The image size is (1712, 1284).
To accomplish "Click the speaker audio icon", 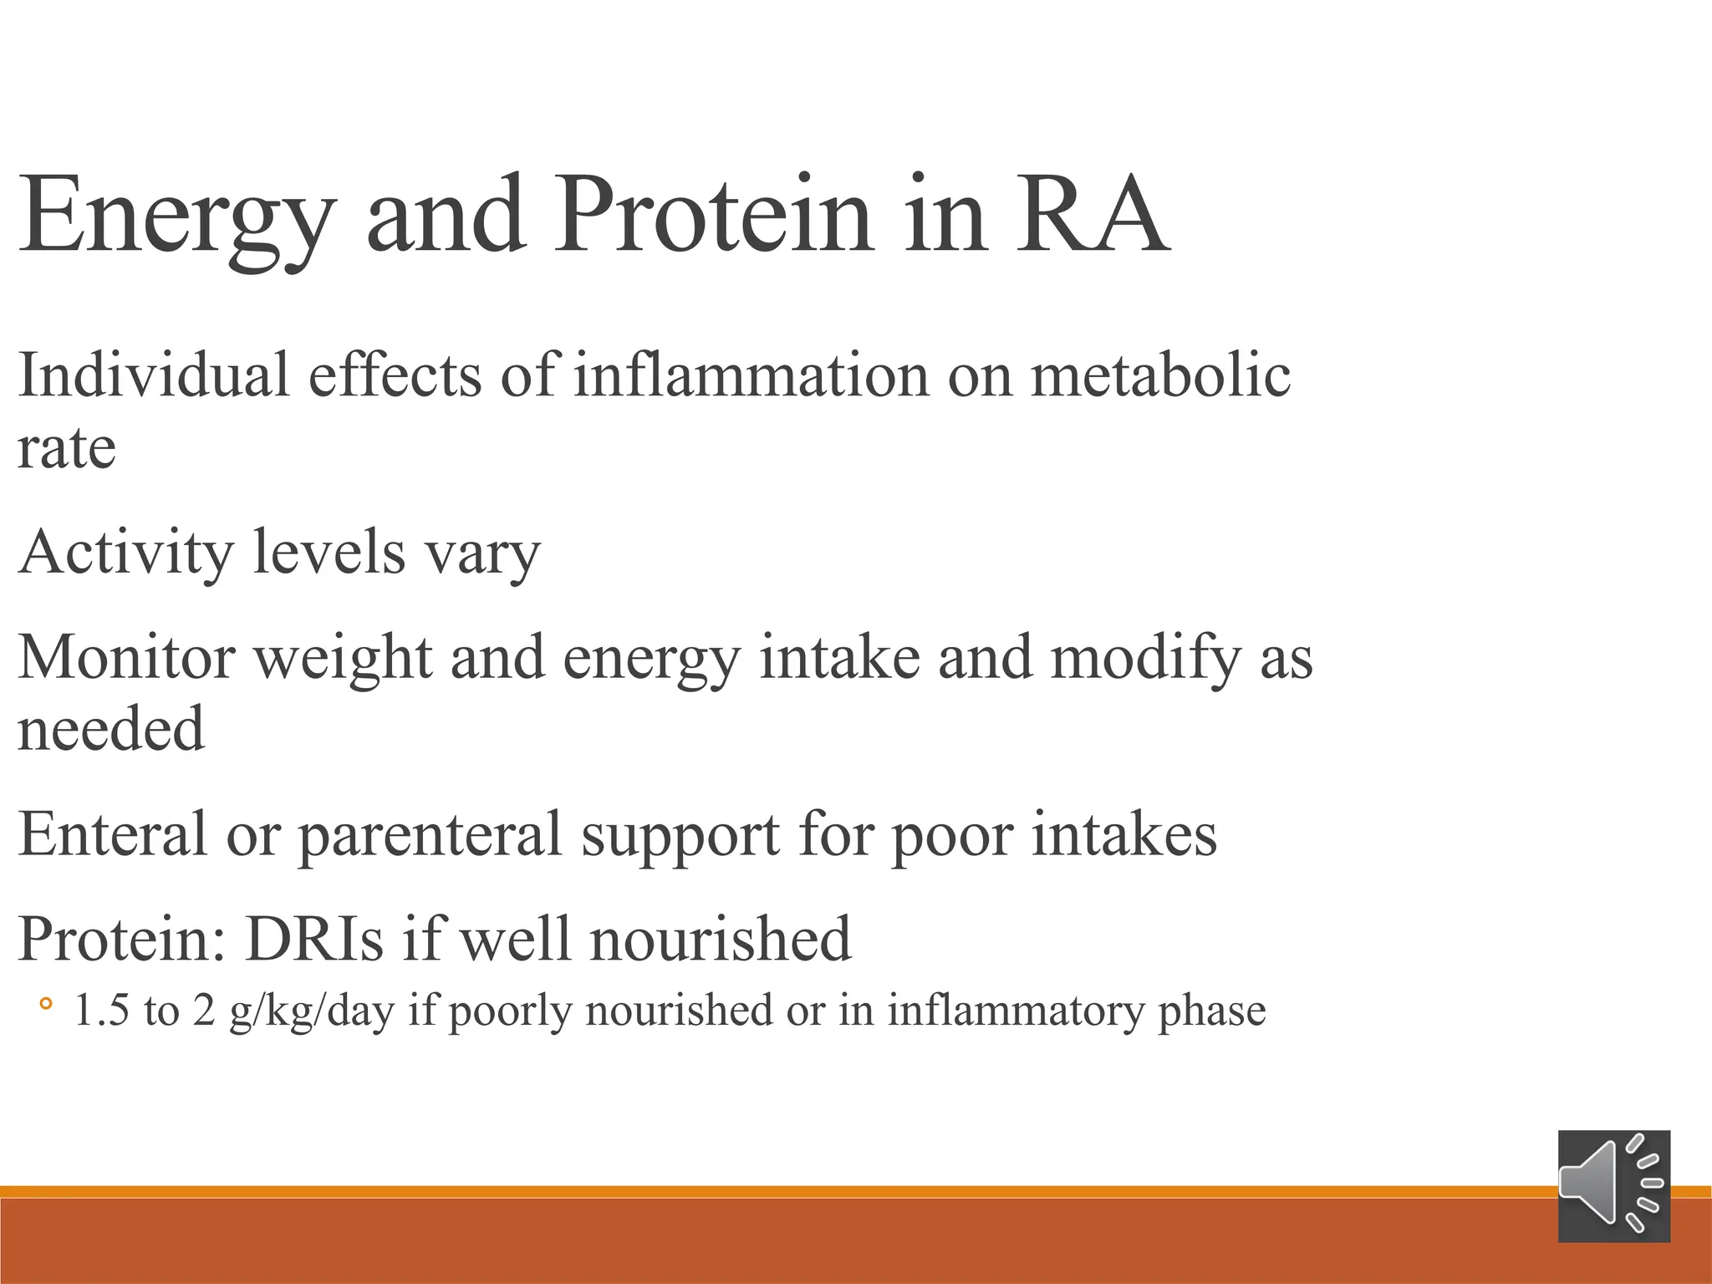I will tap(1613, 1186).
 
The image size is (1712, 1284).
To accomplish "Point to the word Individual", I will tap(154, 375).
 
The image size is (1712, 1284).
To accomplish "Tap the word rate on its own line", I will tap(67, 449).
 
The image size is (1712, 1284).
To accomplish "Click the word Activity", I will tap(126, 553).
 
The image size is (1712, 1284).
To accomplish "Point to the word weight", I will tap(343, 660).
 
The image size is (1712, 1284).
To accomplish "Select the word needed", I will tap(111, 729).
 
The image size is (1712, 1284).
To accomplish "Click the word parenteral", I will tap(431, 836).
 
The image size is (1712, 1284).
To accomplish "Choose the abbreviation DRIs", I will tap(313, 939).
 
